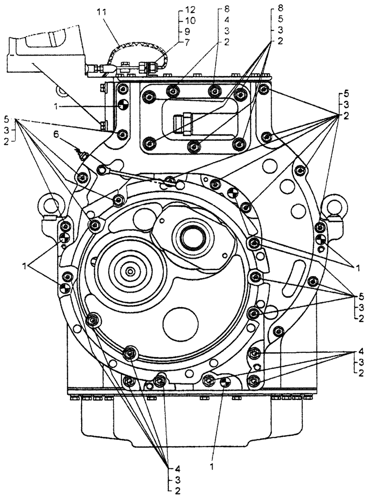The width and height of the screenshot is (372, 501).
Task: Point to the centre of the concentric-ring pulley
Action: (130, 272)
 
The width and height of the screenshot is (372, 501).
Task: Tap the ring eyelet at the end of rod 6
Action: (104, 170)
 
